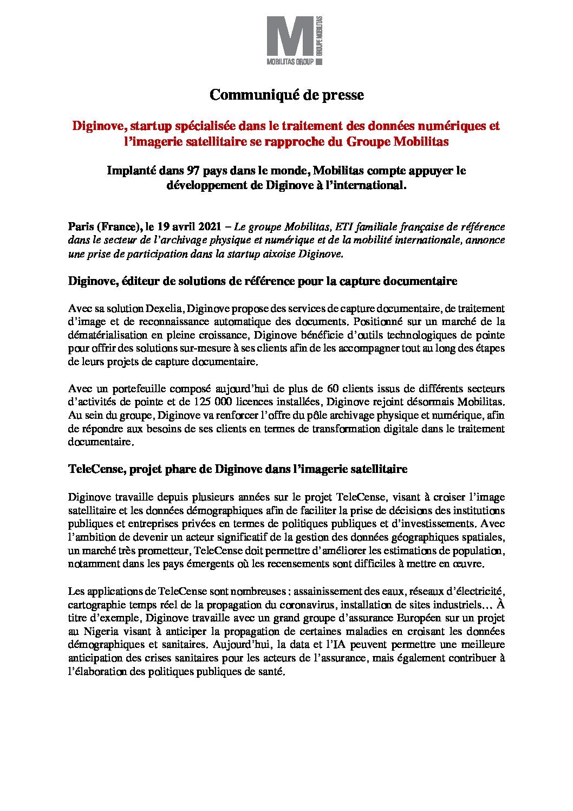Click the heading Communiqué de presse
coord(286,95)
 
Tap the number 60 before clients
coord(334,388)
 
